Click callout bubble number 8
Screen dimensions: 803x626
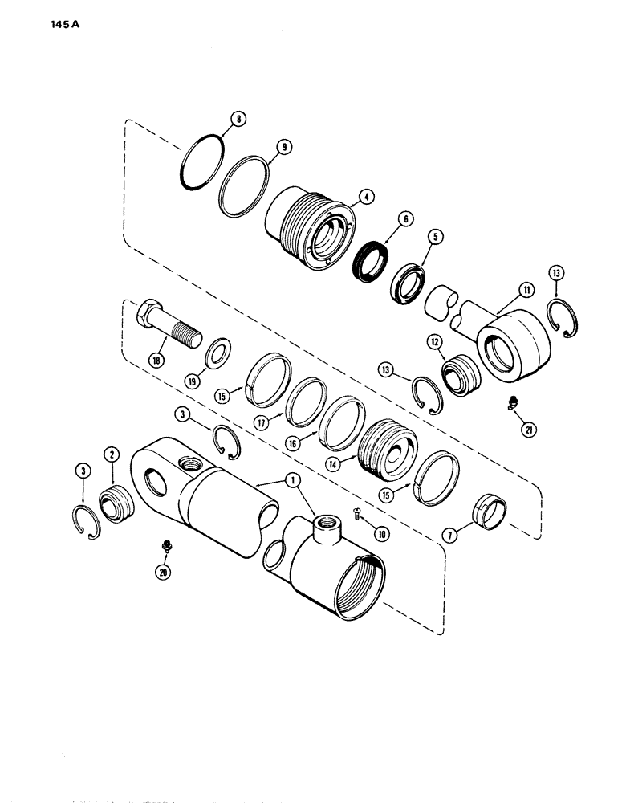click(236, 120)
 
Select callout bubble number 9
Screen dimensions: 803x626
click(263, 148)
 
